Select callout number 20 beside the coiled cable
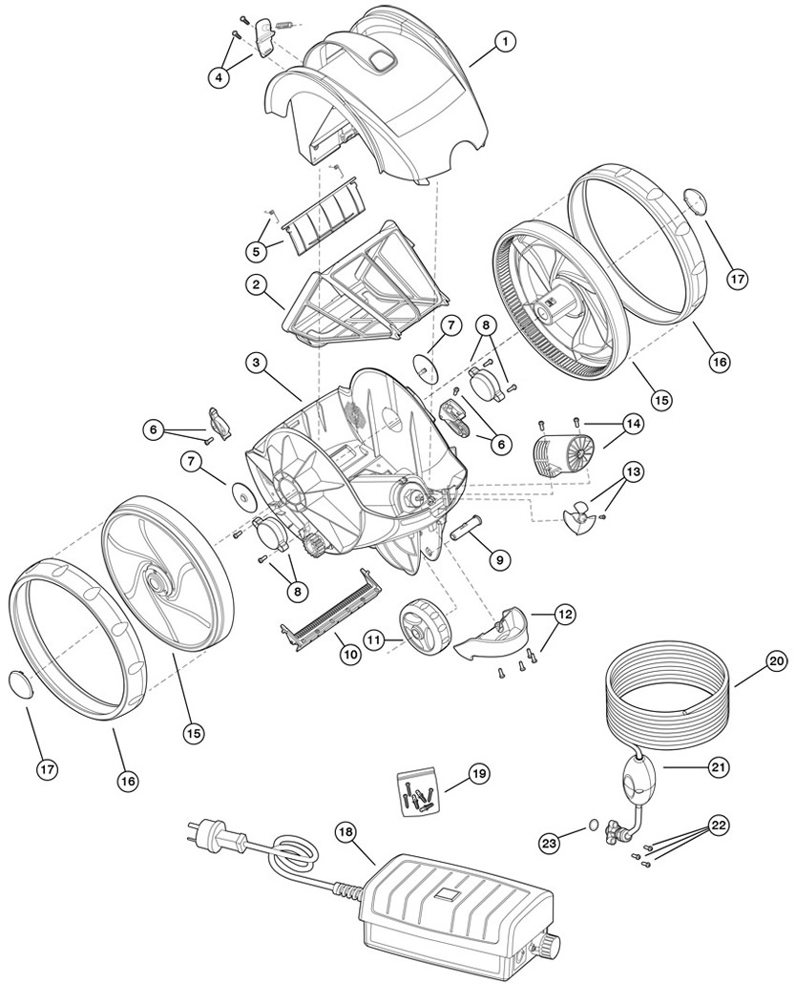(775, 659)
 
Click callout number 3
(255, 362)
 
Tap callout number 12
(565, 615)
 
